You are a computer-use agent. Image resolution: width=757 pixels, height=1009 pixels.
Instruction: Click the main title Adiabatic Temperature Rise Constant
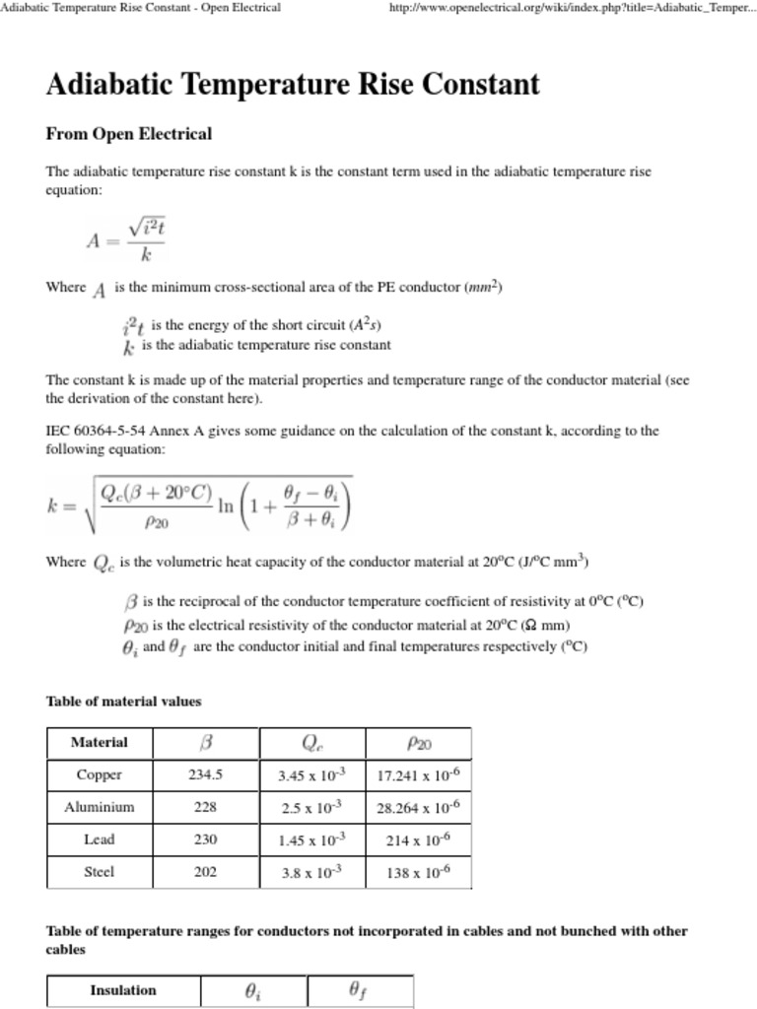click(293, 85)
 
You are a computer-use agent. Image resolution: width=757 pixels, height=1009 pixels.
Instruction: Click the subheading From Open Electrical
click(128, 134)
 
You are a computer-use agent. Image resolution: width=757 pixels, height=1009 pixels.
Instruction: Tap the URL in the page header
click(573, 8)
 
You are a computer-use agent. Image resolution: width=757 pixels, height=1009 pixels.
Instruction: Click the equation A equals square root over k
click(126, 240)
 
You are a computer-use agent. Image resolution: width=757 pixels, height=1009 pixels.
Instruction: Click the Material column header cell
click(99, 742)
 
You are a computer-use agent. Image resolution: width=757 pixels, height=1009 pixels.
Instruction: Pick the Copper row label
click(99, 774)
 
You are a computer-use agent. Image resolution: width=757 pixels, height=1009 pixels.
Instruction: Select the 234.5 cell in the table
click(205, 774)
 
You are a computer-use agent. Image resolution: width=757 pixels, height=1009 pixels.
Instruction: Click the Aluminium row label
click(99, 807)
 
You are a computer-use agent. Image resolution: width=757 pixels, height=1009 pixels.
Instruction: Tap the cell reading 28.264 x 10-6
click(418, 807)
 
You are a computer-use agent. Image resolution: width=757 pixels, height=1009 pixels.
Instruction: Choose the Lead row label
click(99, 840)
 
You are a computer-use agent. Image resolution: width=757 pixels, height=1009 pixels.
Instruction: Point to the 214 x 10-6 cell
click(418, 840)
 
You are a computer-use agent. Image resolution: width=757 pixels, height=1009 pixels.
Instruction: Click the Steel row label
click(99, 872)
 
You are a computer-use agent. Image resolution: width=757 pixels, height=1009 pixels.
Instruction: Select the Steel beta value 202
click(205, 872)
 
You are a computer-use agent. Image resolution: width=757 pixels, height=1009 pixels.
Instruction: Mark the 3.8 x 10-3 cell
click(311, 872)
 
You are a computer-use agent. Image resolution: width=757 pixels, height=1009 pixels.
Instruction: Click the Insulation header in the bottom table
click(123, 990)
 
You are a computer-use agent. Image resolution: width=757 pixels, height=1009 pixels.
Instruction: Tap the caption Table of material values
click(123, 702)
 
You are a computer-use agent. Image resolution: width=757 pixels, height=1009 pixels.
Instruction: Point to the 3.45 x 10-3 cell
click(311, 774)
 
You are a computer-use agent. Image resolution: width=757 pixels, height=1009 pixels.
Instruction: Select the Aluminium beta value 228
click(205, 807)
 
